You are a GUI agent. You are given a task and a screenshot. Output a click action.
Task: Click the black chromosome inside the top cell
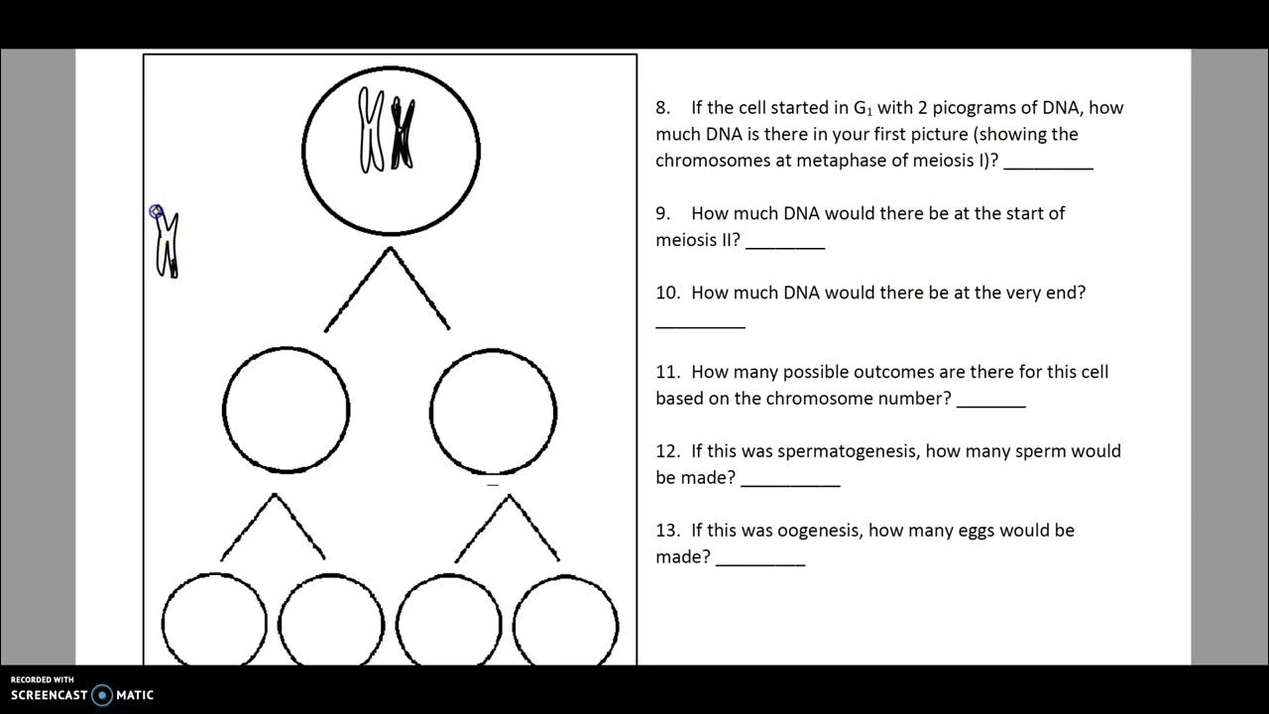point(402,134)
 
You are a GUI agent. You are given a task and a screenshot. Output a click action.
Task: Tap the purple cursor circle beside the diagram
point(156,211)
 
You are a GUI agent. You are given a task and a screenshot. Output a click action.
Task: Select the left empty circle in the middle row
point(286,410)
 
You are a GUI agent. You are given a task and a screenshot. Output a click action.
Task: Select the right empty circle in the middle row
point(493,410)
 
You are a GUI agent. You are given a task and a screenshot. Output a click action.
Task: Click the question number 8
point(662,108)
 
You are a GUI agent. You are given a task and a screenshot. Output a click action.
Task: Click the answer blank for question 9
point(784,246)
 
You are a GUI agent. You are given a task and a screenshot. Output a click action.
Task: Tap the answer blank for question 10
point(700,325)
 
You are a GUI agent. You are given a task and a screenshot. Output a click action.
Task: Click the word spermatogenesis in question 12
point(849,451)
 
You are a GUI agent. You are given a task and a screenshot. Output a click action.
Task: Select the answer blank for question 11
point(990,405)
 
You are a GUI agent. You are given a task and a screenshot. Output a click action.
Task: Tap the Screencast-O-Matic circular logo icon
point(102,695)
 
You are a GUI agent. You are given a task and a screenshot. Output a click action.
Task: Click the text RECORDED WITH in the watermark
point(42,679)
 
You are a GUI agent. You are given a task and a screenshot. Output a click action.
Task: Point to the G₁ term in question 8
point(863,108)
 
